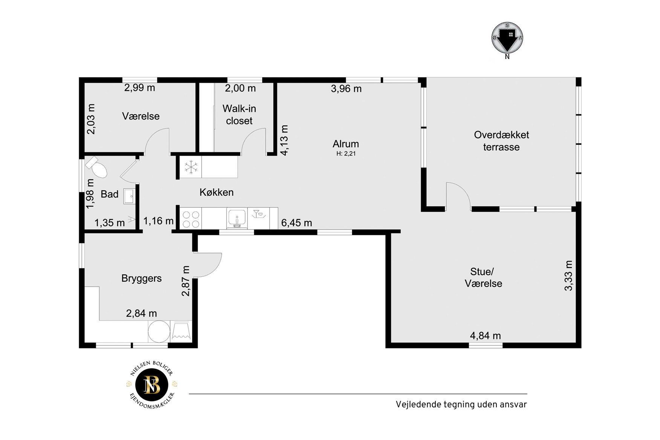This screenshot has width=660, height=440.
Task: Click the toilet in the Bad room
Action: [97, 167]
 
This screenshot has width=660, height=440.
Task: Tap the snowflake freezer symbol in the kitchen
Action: [191, 167]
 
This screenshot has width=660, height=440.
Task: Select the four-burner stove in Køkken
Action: [191, 219]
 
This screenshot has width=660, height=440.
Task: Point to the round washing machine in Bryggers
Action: [159, 331]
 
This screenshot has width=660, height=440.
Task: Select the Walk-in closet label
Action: [239, 115]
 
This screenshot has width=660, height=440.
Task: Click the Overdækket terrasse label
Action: [501, 141]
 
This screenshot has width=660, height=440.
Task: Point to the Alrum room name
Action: [346, 144]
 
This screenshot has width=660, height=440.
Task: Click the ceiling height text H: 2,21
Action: [346, 153]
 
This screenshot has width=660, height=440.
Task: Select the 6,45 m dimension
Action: [297, 223]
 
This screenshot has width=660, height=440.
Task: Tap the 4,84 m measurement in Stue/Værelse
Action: [485, 336]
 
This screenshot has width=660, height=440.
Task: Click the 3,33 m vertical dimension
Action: [568, 276]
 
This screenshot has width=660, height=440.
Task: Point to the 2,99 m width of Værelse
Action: [140, 88]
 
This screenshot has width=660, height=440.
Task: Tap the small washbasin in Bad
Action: [129, 196]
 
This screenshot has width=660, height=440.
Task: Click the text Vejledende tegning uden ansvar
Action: [461, 405]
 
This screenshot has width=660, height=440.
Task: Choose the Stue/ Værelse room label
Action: [483, 277]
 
